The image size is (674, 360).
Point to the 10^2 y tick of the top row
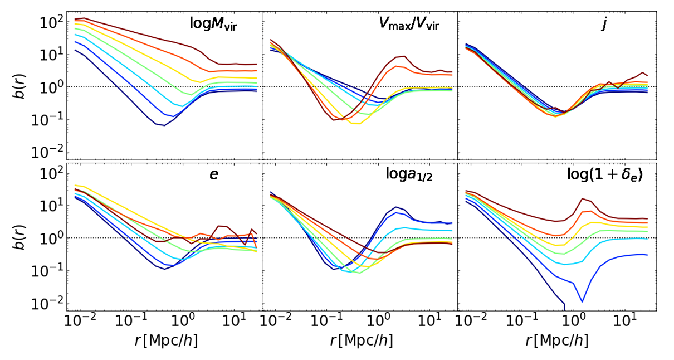(x=51, y=22)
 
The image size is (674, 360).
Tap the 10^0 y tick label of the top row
(x=51, y=87)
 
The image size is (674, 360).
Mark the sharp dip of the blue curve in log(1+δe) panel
(x=582, y=301)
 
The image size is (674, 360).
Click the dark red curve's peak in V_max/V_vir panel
(x=402, y=56)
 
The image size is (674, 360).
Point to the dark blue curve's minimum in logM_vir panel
(x=164, y=125)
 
